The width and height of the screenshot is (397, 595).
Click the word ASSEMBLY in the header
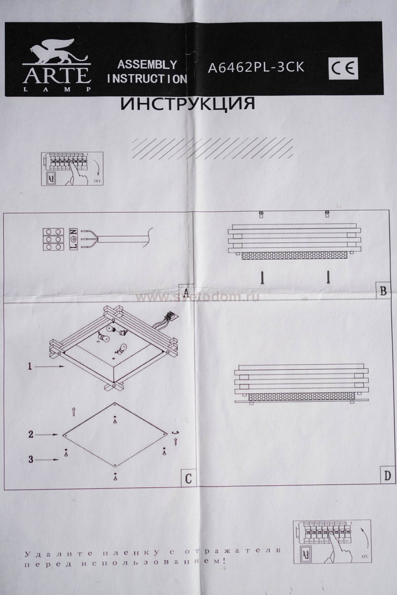coord(147,65)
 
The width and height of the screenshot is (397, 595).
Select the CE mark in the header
coord(343,69)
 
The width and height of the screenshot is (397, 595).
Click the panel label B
coord(383,291)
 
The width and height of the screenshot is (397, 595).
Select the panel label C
coord(188,478)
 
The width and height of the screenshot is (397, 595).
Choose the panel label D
coord(387,476)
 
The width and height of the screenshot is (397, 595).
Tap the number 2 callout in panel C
coord(31,434)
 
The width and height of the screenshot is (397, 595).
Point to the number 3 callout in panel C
coord(31,460)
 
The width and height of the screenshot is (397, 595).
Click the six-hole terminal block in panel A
coord(53,239)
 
